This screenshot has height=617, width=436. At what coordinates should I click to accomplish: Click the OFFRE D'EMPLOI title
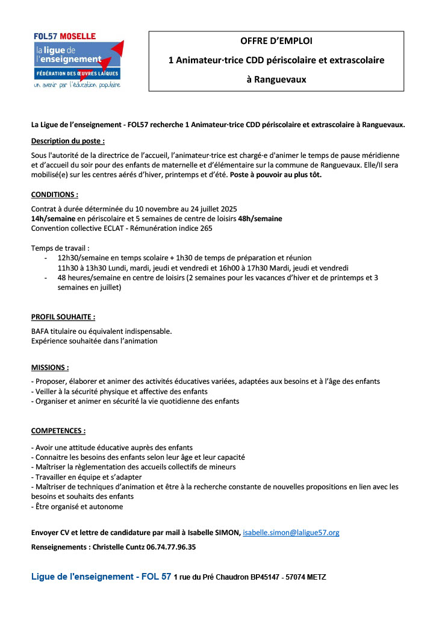click(x=276, y=41)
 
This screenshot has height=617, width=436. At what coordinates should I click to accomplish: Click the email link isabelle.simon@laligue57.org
click(x=291, y=533)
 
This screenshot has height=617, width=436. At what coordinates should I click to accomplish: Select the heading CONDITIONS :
click(x=55, y=195)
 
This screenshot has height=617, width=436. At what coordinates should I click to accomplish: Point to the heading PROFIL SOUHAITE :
click(x=63, y=316)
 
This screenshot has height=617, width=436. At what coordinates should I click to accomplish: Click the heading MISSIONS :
click(x=50, y=367)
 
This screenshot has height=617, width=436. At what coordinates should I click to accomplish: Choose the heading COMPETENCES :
click(x=58, y=431)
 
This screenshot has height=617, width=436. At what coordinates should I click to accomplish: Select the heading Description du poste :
click(x=68, y=141)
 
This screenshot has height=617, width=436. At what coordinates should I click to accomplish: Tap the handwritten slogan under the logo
click(x=77, y=85)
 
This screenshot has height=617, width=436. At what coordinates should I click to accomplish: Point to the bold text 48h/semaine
click(x=260, y=219)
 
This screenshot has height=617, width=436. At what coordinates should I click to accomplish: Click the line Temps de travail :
click(x=60, y=248)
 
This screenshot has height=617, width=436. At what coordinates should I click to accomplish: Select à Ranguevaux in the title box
click(x=276, y=80)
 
